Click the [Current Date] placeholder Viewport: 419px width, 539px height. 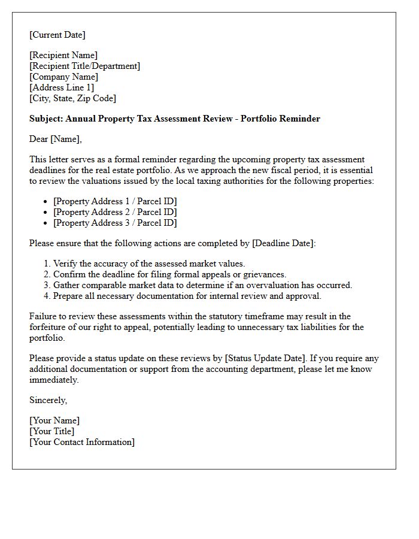(57, 35)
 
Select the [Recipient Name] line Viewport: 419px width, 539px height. (63, 55)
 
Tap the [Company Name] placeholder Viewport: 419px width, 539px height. (63, 77)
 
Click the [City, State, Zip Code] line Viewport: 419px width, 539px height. (72, 98)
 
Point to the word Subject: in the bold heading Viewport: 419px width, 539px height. (46, 119)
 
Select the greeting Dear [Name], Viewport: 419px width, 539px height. (56, 139)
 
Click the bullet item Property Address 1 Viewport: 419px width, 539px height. (115, 201)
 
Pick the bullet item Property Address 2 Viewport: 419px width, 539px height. (115, 212)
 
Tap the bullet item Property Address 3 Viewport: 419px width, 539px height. (115, 223)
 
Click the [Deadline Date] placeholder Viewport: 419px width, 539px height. (284, 243)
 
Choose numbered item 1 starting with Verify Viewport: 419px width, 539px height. (149, 264)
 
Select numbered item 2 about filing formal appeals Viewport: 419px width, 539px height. (169, 274)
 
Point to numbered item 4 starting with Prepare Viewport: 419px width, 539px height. (187, 296)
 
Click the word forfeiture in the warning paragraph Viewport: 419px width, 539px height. (50, 327)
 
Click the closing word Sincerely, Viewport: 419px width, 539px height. (48, 400)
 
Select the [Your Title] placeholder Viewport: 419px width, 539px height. (52, 431)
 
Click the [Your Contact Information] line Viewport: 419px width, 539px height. (82, 442)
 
